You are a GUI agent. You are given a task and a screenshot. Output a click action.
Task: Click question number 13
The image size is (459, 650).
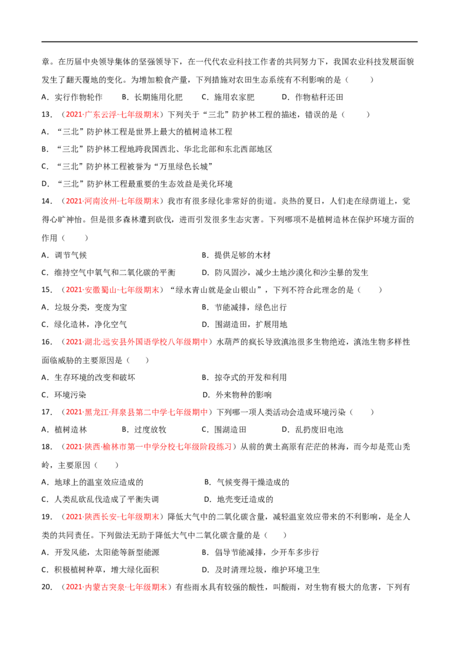pos(46,114)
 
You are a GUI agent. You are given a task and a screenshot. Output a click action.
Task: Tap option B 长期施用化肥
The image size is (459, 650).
pos(152,97)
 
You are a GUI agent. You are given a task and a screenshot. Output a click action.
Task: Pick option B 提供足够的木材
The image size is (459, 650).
pos(236,255)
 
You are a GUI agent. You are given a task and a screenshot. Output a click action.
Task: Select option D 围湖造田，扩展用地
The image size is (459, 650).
pos(244,324)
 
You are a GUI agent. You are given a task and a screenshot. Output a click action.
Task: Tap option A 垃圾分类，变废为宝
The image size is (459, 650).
pos(84,307)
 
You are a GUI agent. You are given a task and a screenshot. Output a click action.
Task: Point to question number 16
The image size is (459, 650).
pos(46,342)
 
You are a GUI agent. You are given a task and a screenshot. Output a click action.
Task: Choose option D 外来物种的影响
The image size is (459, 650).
pos(237,394)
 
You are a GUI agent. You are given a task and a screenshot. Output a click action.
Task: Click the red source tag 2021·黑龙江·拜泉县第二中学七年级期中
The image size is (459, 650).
pos(137,412)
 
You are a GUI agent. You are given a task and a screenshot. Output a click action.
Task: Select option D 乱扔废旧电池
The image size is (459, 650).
pos(312,430)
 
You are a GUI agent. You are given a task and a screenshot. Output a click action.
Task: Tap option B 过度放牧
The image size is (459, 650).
pos(144,430)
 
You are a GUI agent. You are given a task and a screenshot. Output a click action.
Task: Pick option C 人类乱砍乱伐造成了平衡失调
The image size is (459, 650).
pos(100,499)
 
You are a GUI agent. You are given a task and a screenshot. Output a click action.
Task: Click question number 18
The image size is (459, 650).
pos(46,447)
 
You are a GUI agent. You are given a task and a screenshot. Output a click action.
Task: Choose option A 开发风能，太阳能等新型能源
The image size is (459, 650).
pos(100,552)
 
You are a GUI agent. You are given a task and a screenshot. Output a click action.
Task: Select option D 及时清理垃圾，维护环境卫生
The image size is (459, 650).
pos(260,570)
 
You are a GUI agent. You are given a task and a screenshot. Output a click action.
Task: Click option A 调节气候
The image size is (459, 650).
pos(64,255)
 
